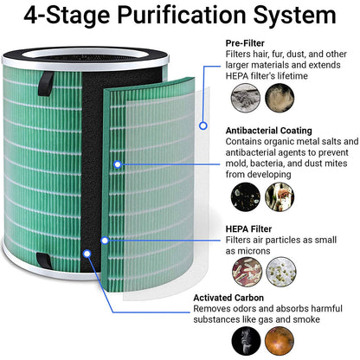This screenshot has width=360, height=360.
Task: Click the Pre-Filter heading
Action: coord(245,43)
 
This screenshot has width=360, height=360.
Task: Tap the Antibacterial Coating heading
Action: coord(269,131)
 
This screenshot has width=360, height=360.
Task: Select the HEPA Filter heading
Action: coord(248,229)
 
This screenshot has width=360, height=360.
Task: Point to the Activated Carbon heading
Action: coord(228,298)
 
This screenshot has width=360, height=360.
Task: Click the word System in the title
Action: coord(294,15)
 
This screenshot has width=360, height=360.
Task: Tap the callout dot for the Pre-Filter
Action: coord(203,125)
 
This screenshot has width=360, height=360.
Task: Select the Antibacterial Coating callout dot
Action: coord(117,164)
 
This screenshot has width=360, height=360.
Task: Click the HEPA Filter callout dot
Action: coord(105,241)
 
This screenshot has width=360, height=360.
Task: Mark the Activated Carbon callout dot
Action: coord(87,254)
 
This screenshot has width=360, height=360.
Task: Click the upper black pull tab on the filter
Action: coord(46,84)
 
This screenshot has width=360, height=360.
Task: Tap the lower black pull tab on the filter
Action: coord(44,260)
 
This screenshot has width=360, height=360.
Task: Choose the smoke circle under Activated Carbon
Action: coord(246,341)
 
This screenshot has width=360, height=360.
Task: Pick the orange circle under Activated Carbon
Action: coord(280,341)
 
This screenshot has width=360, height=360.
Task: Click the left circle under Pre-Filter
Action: coord(246,98)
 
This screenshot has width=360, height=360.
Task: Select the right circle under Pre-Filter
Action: coord(280,98)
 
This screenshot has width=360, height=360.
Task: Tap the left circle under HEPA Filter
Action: coord(247,272)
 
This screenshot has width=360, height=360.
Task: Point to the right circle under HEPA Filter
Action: coord(281,272)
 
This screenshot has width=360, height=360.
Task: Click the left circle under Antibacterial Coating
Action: coord(246,196)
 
